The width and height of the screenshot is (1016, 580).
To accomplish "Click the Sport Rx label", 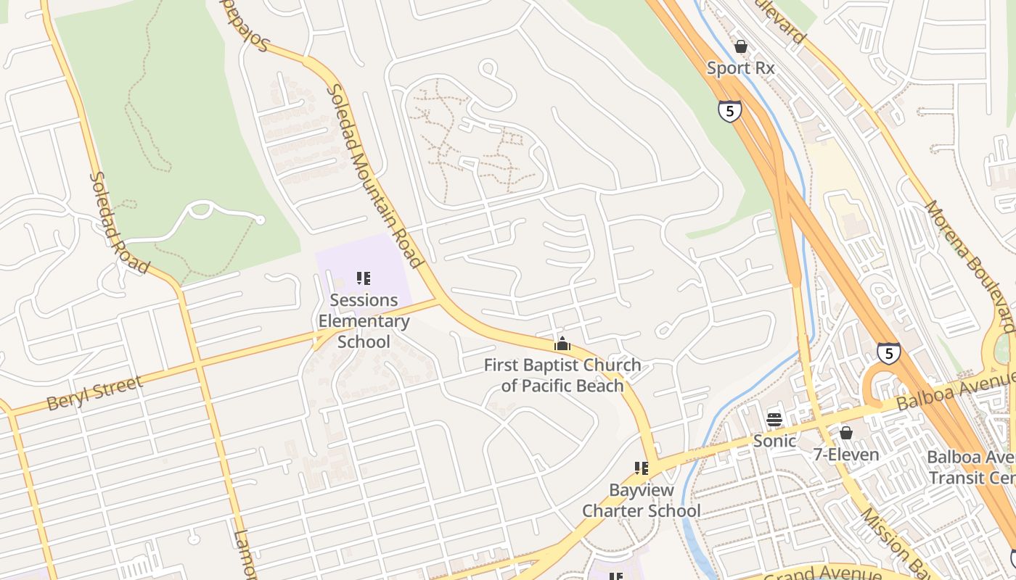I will click(x=741, y=68).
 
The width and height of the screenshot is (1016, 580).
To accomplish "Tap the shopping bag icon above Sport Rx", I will click(x=741, y=46).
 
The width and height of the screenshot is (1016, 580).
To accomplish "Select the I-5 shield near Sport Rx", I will click(x=730, y=110).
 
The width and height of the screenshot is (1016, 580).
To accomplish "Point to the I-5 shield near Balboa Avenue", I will click(x=888, y=353).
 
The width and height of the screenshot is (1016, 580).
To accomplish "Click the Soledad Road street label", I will click(x=120, y=223).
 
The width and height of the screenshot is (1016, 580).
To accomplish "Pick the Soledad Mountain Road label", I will click(x=374, y=176).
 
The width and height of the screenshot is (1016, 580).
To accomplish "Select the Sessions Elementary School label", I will click(x=364, y=320).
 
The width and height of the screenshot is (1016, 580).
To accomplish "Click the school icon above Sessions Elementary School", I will click(x=364, y=278).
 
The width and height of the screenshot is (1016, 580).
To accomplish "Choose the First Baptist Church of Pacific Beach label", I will click(x=562, y=375).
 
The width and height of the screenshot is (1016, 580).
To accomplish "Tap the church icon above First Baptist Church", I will click(x=562, y=343).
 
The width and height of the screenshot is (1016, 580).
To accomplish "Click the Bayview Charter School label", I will click(x=642, y=500).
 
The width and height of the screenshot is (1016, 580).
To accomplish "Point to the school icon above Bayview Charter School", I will click(x=642, y=468).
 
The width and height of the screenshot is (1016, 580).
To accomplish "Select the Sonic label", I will click(x=774, y=440).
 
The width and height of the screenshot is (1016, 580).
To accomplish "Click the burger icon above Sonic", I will click(x=774, y=420).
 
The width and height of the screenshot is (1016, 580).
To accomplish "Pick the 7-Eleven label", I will click(x=846, y=455).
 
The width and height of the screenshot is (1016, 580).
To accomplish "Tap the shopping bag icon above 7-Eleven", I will click(x=846, y=433).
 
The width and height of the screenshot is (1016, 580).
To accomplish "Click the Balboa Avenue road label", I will click(x=954, y=389).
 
